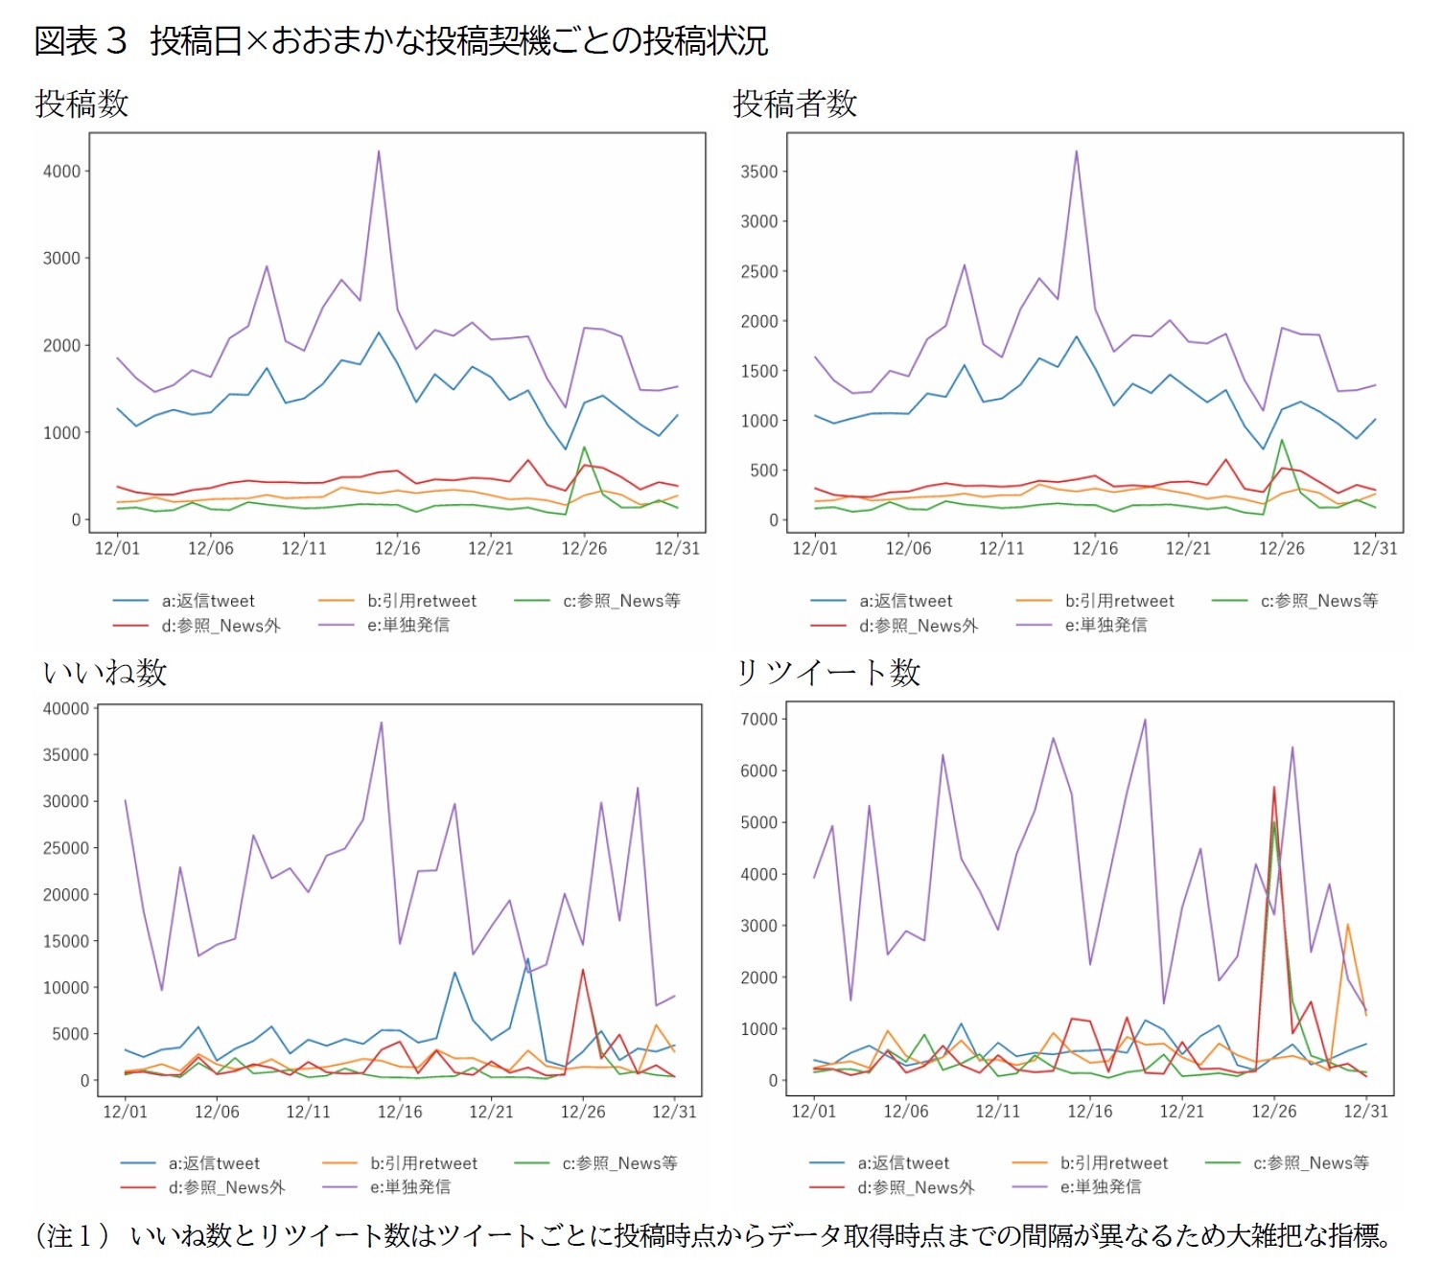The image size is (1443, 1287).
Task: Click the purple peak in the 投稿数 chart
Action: pos(379,151)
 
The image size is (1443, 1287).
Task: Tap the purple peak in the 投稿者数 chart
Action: pos(1077,151)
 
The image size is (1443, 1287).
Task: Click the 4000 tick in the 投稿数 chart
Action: pos(61,172)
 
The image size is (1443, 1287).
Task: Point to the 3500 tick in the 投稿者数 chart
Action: pos(758,172)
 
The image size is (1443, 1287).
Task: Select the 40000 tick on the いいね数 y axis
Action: pos(65,709)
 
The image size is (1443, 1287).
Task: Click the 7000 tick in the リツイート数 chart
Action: pos(758,719)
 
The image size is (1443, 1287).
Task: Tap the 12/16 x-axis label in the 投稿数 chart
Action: pos(397,548)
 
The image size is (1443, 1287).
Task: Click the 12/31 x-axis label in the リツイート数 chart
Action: pos(1365,1111)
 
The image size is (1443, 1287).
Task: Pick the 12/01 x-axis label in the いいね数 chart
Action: pos(125,1112)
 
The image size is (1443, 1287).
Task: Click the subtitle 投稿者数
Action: pos(794,103)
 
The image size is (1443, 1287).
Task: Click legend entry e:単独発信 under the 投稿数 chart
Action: pos(408,625)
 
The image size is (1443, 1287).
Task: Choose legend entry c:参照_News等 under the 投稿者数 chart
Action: pos(1318,601)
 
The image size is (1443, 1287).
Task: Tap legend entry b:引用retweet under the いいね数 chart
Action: pos(423,1163)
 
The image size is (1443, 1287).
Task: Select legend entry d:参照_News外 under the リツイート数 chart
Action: pos(916,1187)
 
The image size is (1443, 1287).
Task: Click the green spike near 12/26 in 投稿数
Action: pos(584,448)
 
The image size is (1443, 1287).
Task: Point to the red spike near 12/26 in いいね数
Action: pos(583,971)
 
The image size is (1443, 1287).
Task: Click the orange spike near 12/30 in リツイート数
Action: pos(1347,925)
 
